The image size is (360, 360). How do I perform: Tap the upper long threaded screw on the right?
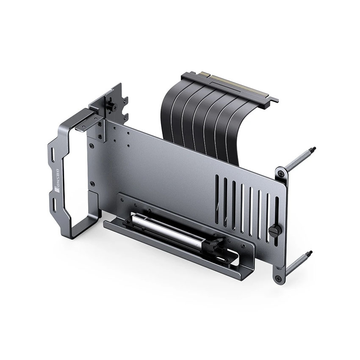(x=299, y=158)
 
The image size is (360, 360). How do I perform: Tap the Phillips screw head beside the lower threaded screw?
(x=278, y=279)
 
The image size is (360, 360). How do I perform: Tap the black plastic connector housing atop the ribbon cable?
(x=229, y=87)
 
